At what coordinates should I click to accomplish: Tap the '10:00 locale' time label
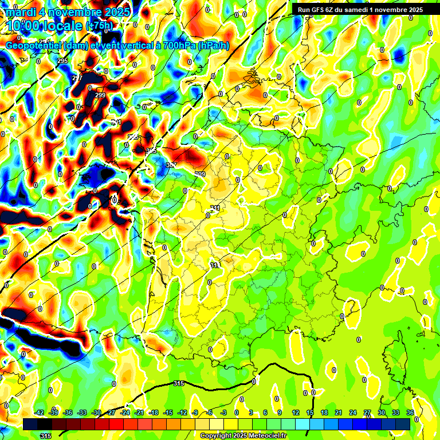(44, 26)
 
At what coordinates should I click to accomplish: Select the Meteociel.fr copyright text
(243, 435)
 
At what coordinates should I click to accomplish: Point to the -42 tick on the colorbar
(40, 412)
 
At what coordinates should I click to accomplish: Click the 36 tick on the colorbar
(410, 412)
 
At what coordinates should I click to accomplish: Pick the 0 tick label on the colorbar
(236, 412)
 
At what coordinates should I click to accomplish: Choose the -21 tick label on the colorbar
(139, 412)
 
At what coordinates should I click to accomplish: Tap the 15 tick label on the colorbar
(310, 412)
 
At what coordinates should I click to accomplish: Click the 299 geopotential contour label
(100, 95)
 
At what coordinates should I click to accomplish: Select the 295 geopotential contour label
(62, 61)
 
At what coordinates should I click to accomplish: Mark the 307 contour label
(171, 165)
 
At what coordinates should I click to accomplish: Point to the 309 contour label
(200, 174)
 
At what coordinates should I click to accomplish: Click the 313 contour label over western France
(215, 265)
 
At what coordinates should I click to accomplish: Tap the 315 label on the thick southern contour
(179, 383)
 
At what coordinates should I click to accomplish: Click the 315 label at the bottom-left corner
(45, 436)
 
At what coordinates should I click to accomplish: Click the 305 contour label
(151, 151)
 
